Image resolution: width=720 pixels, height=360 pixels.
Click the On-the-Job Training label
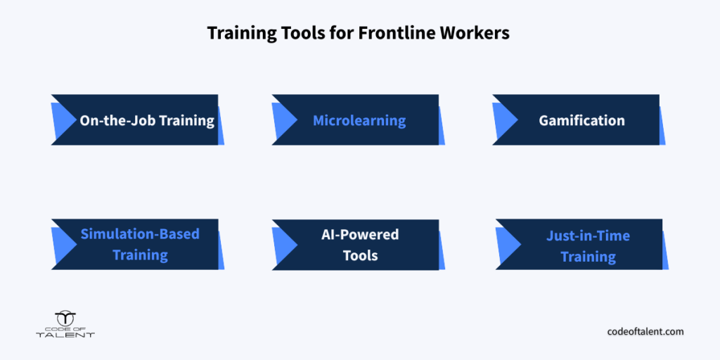[147, 121]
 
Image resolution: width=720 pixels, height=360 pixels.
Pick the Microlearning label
[359, 121]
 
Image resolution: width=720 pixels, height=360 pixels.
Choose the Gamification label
[581, 121]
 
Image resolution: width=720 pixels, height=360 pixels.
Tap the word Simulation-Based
[140, 234]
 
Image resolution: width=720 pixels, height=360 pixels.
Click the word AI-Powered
[360, 235]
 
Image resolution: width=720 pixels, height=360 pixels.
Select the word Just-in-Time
[589, 236]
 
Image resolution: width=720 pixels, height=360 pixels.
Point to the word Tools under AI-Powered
[361, 255]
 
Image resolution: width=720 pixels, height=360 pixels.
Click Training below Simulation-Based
[141, 255]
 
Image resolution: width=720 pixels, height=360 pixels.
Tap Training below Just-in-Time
[589, 257]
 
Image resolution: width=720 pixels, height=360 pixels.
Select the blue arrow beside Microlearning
[283, 120]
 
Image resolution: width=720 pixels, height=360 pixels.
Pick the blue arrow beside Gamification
[504, 120]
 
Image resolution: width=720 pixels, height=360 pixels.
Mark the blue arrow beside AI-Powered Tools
[283, 245]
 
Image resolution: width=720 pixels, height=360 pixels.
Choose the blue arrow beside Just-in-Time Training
[508, 245]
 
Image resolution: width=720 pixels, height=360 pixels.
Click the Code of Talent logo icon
[65, 319]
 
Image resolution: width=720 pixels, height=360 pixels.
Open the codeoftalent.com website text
[645, 331]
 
